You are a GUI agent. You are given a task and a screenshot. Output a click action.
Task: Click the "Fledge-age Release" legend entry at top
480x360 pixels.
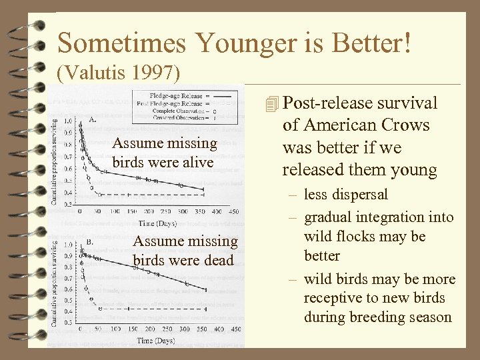(x=175, y=96)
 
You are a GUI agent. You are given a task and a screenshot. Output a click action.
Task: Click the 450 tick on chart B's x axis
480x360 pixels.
(x=236, y=329)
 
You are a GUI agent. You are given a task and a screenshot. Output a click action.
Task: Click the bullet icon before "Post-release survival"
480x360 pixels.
(x=270, y=104)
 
